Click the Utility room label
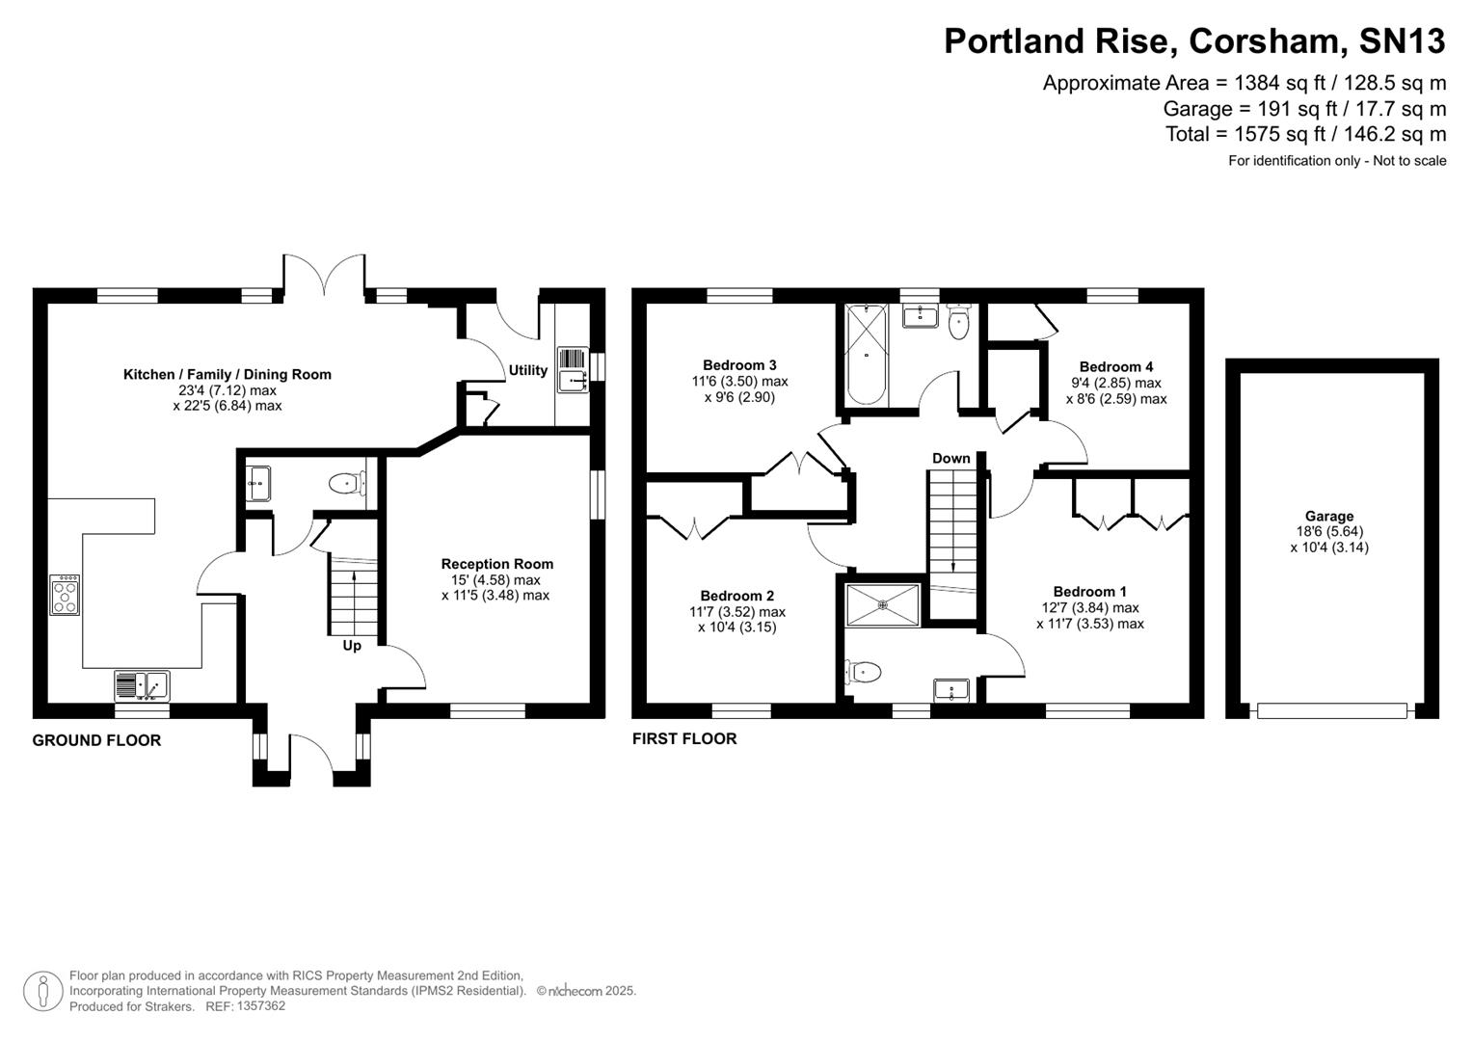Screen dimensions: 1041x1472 coord(527,370)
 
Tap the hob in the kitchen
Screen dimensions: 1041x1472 coord(65,595)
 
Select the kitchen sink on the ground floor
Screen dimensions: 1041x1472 coord(142,685)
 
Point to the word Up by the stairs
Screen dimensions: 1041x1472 coord(352,646)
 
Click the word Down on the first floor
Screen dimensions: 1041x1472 coord(950,458)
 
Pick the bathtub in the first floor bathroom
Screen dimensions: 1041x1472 coord(866,355)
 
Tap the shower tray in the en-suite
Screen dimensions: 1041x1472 coord(883,605)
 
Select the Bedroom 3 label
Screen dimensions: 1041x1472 coord(739,365)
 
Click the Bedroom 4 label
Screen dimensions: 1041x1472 coord(1115,366)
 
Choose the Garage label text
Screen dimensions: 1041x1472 coord(1329,516)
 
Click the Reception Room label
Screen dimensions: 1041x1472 coord(496,564)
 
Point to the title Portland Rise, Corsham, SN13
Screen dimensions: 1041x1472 coord(1193,40)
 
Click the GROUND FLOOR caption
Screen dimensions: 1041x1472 coord(96,740)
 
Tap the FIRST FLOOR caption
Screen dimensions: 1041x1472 coord(684,738)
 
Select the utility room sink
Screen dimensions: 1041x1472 coord(572,369)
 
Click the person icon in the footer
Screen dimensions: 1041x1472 coord(42,991)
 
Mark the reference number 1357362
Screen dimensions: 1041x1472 coord(260,1006)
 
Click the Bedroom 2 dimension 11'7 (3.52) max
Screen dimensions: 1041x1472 coord(737,612)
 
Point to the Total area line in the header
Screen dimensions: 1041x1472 coord(1305,134)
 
